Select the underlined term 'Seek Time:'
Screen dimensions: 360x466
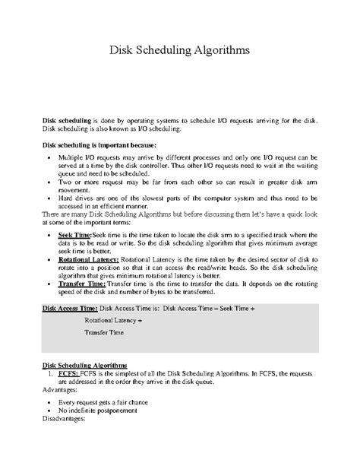click(x=74, y=236)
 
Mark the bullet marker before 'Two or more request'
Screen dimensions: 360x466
click(x=48, y=182)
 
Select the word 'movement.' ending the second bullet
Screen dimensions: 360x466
click(x=74, y=191)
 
